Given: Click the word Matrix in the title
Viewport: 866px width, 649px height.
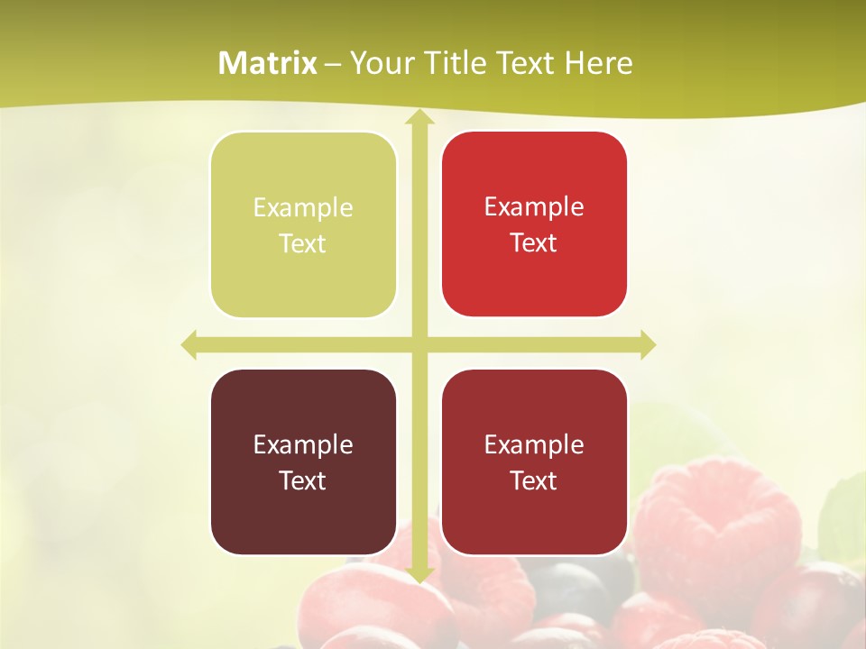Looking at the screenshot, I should coord(268,63).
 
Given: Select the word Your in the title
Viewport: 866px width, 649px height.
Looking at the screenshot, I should coord(377,63).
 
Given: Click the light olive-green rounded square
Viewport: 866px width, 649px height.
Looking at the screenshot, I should coord(303,224).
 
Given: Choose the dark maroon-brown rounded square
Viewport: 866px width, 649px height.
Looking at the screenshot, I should coord(303,462).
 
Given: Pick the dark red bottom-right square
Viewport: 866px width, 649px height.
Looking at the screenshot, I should coord(534,462).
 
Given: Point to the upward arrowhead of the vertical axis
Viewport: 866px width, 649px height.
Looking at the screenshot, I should coord(419,118).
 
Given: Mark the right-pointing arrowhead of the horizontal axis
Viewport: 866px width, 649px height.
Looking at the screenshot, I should coord(647,344).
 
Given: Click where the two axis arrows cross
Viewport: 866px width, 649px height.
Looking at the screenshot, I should coord(419,344).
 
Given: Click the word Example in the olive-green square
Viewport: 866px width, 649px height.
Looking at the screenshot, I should coord(303,207).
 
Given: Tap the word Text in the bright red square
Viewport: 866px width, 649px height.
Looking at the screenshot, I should coord(534,242).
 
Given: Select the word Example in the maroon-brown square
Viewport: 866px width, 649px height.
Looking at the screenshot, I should coord(303,444).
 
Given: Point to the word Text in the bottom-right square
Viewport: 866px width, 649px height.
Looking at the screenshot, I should coord(534,480).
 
